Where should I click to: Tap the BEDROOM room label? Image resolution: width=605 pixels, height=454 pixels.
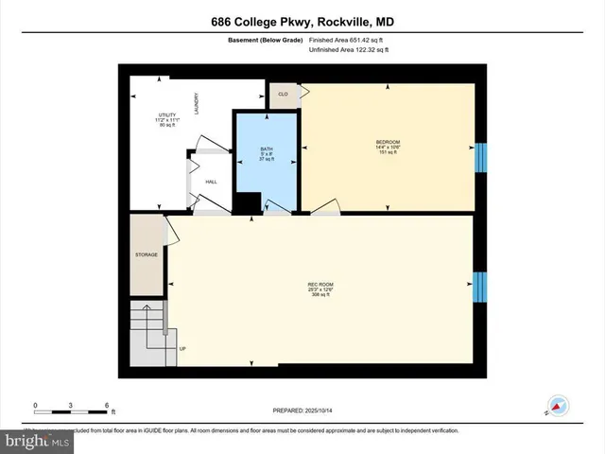coord(389,143)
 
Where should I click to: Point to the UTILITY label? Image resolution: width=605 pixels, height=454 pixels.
coord(166,115)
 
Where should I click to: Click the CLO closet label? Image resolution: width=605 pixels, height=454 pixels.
coord(283,94)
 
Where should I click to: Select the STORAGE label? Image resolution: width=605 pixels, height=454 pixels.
coord(147,254)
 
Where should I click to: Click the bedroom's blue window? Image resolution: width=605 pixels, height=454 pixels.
coord(479,156)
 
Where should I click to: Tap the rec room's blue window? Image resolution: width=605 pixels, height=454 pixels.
coord(479,284)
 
